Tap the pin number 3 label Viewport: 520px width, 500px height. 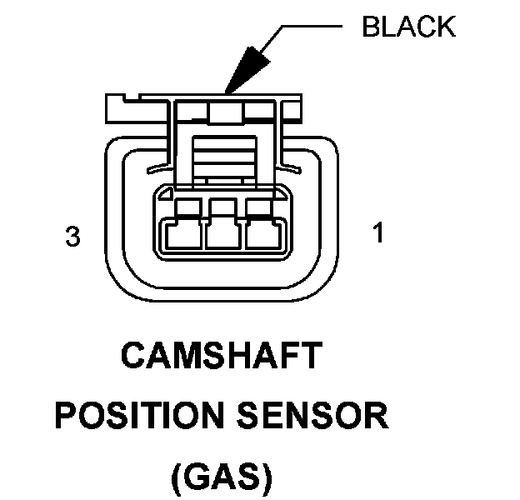tap(73, 237)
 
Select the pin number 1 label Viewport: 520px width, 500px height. tap(379, 233)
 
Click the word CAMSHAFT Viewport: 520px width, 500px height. tap(221, 356)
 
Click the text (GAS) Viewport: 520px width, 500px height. tap(221, 477)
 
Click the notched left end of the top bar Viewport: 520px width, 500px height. tap(117, 107)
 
